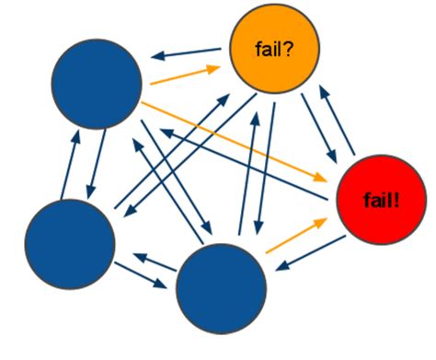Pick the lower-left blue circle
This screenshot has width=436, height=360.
pos(71,241)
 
